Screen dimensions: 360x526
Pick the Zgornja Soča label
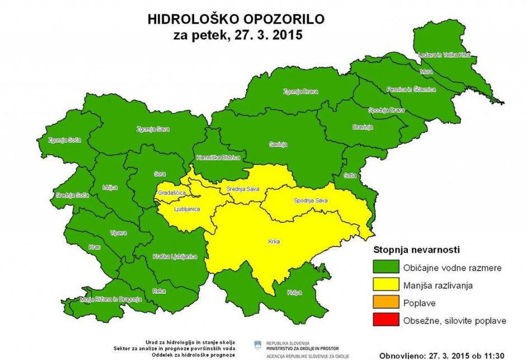pos(62,139)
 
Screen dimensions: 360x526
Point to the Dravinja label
pos(363,127)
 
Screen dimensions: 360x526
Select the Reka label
pos(158,291)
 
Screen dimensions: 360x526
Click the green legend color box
pos(383,267)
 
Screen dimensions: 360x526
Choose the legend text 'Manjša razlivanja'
pos(438,285)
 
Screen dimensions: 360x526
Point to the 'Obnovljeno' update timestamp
pos(442,355)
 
